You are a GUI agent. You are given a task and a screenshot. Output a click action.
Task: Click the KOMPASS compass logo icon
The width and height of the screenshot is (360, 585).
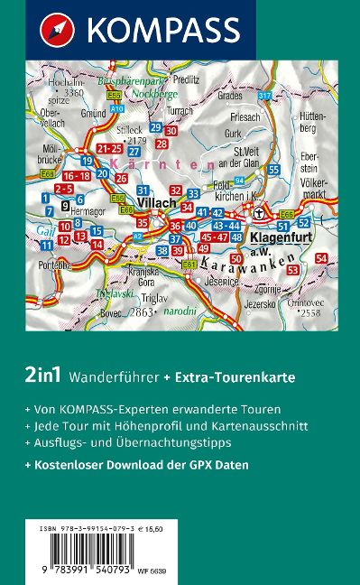point(54,31)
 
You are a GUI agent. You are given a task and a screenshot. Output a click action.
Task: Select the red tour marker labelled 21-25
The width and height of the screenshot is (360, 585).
point(110,148)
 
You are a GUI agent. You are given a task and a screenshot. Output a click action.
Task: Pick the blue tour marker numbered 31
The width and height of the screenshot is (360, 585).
point(143,190)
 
